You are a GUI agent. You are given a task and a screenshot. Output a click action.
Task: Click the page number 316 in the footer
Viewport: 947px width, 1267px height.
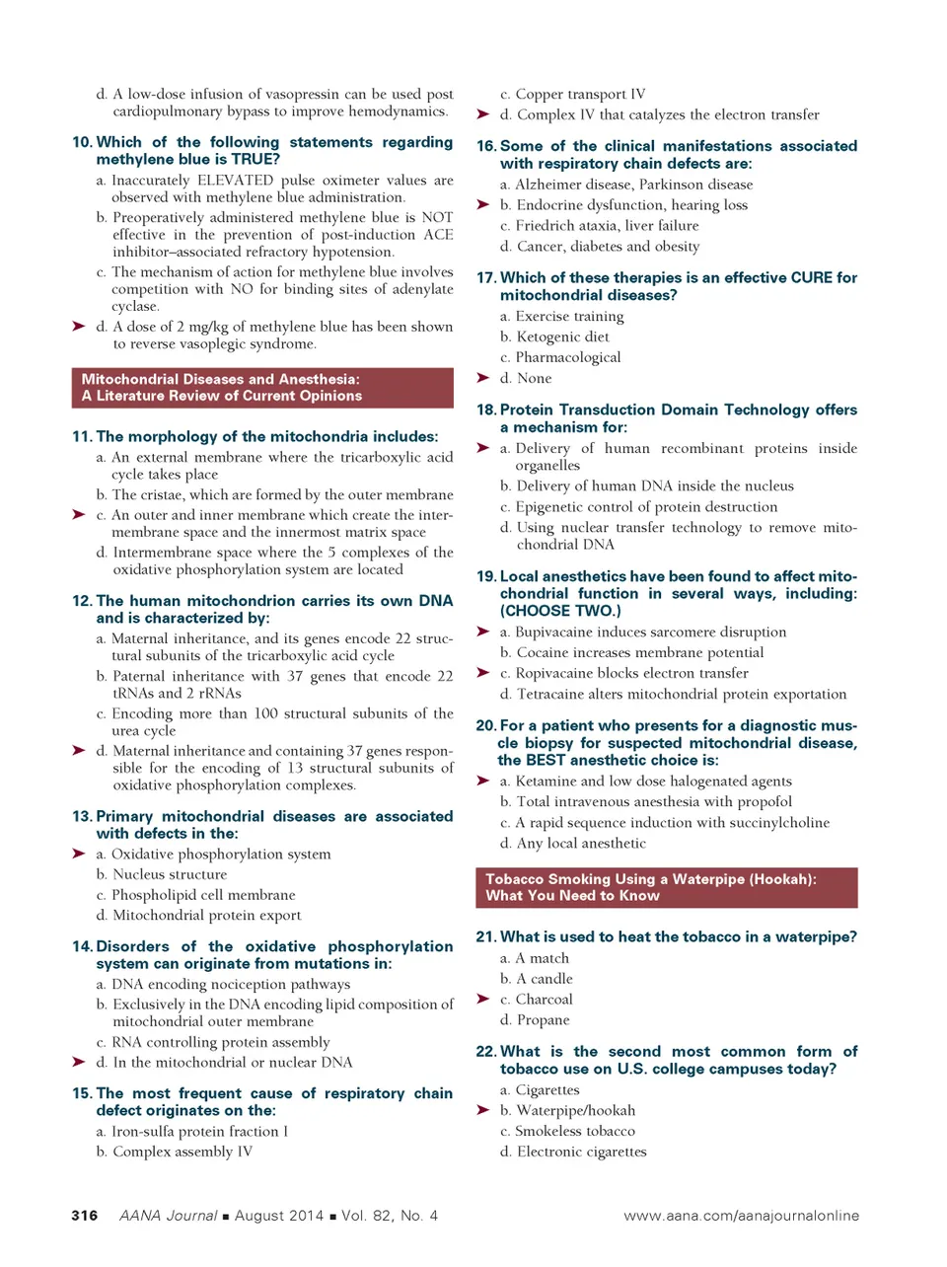pos(85,1215)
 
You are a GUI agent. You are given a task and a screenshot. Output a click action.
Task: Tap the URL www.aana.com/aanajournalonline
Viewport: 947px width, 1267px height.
pos(741,1215)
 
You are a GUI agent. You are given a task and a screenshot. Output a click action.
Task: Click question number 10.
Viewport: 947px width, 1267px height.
pos(82,142)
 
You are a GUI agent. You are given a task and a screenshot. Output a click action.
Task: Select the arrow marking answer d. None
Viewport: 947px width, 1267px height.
pos(483,378)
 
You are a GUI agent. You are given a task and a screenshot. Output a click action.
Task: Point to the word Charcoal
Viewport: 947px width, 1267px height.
pos(544,999)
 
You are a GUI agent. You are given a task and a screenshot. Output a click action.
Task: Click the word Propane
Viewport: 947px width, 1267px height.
pos(543,1019)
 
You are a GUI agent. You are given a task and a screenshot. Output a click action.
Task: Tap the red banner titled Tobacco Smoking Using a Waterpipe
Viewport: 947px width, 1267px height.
pos(666,887)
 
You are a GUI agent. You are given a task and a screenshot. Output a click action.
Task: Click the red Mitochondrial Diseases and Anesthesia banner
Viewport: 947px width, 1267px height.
pos(262,388)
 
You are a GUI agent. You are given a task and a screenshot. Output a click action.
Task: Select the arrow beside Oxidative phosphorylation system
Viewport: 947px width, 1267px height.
pos(79,854)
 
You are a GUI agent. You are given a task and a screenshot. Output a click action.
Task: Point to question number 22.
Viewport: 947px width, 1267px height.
pos(485,1052)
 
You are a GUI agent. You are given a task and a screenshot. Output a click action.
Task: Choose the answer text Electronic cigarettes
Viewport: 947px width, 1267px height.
pos(582,1152)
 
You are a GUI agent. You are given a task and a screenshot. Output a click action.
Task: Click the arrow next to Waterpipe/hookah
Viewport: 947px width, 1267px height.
pos(483,1110)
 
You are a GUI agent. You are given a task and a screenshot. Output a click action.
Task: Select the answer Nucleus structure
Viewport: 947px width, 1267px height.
pos(170,874)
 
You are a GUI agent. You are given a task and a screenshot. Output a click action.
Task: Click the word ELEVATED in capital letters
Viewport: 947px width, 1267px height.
pos(236,180)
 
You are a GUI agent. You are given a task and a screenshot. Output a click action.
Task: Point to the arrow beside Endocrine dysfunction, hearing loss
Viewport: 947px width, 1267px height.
pos(483,204)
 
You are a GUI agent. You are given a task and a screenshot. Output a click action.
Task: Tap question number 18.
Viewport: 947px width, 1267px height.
pos(486,410)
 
